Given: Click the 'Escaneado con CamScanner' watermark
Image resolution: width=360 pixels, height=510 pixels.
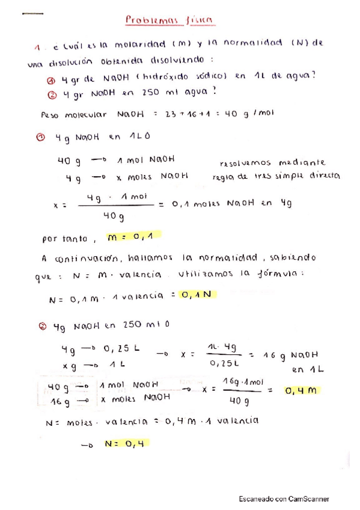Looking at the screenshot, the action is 284,499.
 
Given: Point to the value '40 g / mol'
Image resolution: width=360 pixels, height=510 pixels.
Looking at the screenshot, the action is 248,114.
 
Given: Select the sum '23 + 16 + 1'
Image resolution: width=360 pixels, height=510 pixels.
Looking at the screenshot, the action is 182,114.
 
